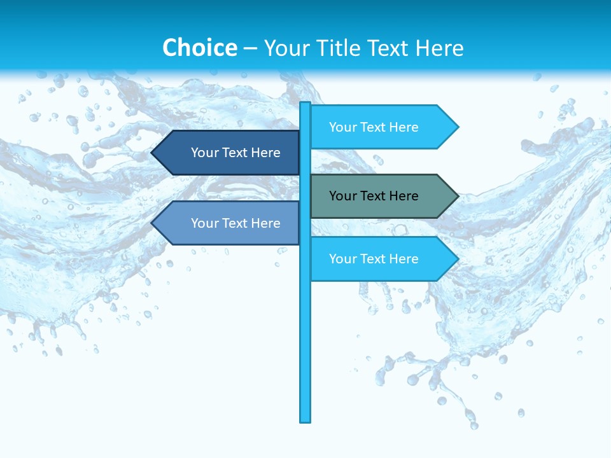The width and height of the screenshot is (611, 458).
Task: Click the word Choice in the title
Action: click(x=199, y=48)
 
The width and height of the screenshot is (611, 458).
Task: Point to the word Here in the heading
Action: click(x=439, y=48)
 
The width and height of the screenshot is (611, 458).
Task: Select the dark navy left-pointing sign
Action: click(x=229, y=153)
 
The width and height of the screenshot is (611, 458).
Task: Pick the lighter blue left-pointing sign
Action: click(x=229, y=223)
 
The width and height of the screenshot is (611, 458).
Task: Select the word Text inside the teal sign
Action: click(x=375, y=196)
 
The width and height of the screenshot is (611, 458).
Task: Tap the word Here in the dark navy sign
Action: click(x=266, y=153)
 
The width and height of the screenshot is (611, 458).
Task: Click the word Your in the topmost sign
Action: click(x=342, y=127)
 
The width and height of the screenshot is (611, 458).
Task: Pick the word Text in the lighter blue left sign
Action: click(x=237, y=223)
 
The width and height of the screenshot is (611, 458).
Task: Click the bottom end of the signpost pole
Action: click(x=305, y=419)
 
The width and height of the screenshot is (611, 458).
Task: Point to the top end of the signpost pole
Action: click(x=305, y=104)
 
